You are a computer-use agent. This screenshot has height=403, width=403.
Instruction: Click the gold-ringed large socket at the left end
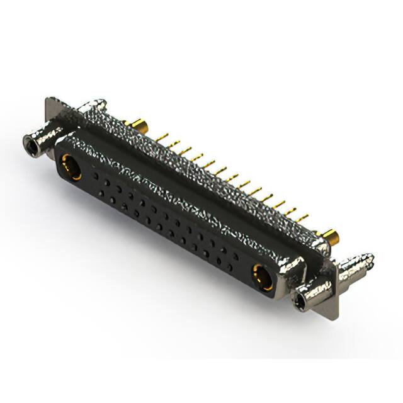click(69, 168)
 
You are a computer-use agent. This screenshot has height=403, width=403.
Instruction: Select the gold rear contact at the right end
click(331, 237)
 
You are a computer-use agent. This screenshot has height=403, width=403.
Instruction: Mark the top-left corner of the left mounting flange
click(48, 99)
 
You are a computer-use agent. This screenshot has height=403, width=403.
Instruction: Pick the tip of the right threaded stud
click(370, 258)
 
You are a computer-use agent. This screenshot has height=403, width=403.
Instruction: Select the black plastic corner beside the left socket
click(58, 155)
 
